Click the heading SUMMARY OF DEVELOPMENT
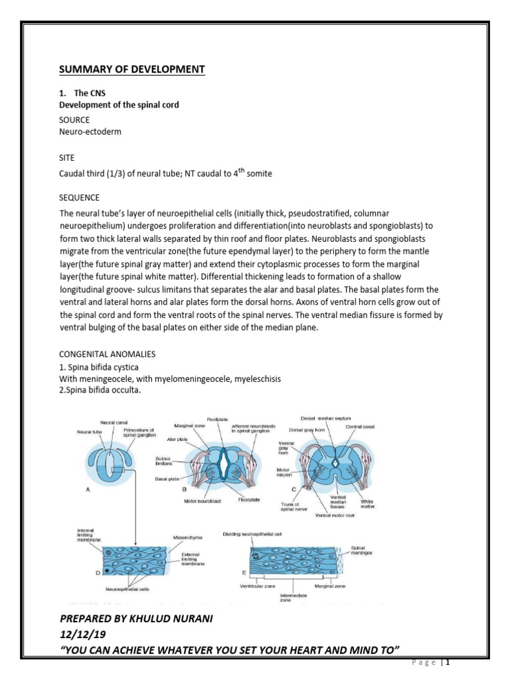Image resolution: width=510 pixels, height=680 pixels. [x=132, y=70]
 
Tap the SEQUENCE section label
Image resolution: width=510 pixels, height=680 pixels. [x=80, y=198]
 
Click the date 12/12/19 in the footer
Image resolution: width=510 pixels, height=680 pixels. [x=78, y=634]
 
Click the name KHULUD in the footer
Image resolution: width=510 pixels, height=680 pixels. [x=161, y=619]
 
